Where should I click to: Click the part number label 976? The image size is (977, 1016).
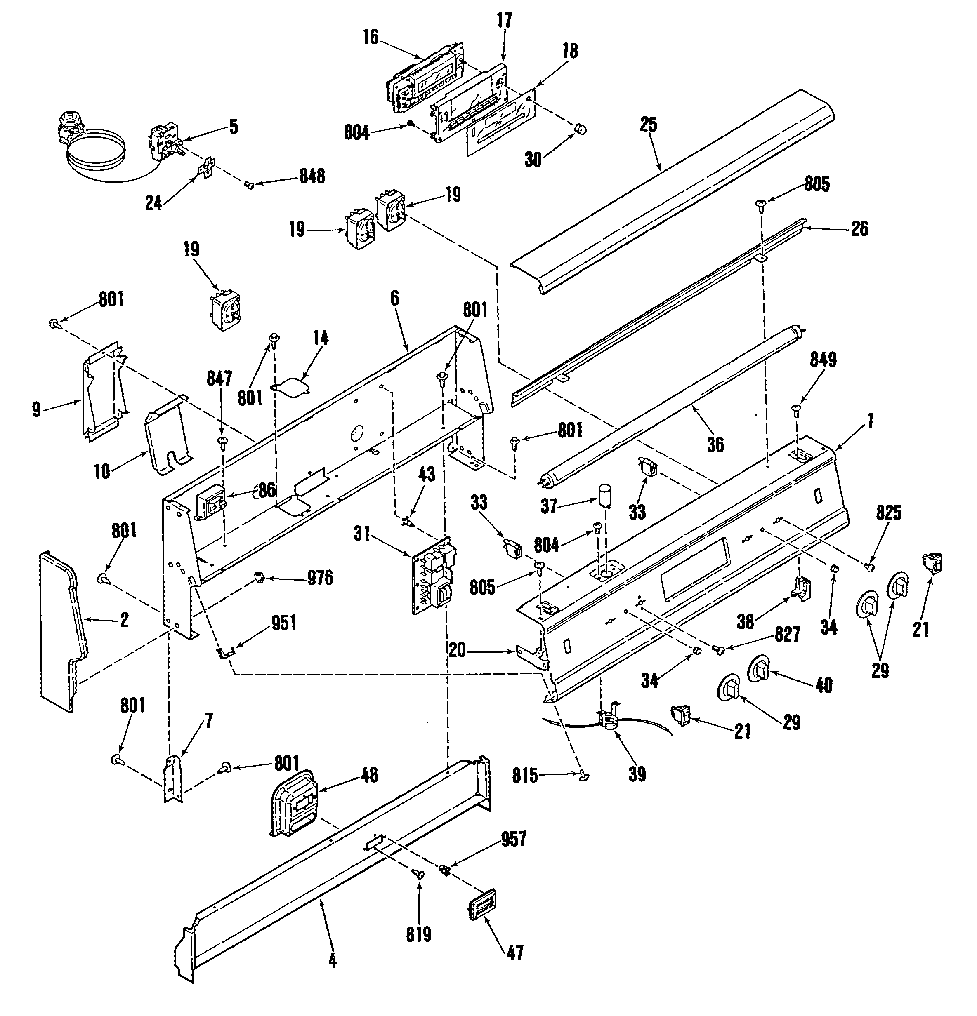(320, 578)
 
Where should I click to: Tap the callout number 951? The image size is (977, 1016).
(284, 623)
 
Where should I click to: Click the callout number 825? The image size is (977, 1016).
(889, 513)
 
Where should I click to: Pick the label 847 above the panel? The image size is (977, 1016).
(219, 379)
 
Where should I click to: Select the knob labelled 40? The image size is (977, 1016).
(760, 670)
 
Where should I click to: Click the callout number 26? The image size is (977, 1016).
(860, 228)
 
